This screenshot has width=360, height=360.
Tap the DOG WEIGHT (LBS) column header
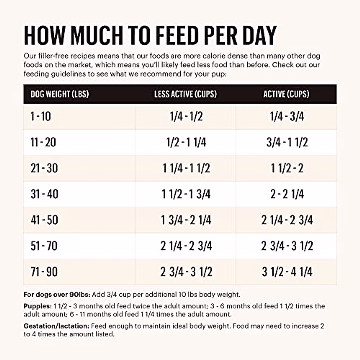[60, 94]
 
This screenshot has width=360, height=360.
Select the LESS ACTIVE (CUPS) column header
[185, 94]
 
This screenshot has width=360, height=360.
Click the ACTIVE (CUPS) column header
[286, 94]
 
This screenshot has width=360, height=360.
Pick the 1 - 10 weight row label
[41, 116]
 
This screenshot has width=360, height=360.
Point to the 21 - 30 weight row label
[44, 168]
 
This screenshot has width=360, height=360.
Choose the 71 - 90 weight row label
[44, 272]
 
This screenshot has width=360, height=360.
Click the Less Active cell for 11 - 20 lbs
[186, 142]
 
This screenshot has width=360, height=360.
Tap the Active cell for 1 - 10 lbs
[287, 116]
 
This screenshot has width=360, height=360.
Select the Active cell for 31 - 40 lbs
[287, 194]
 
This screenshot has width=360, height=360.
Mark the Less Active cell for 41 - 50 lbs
[186, 220]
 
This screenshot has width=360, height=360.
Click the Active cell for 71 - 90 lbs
[287, 272]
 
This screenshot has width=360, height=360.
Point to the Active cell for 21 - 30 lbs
[287, 168]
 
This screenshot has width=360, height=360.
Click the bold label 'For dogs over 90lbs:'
[57, 295]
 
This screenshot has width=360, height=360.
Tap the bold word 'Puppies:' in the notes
[37, 306]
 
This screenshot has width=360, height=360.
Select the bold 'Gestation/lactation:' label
[56, 326]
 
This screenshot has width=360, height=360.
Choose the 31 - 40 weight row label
[44, 194]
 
